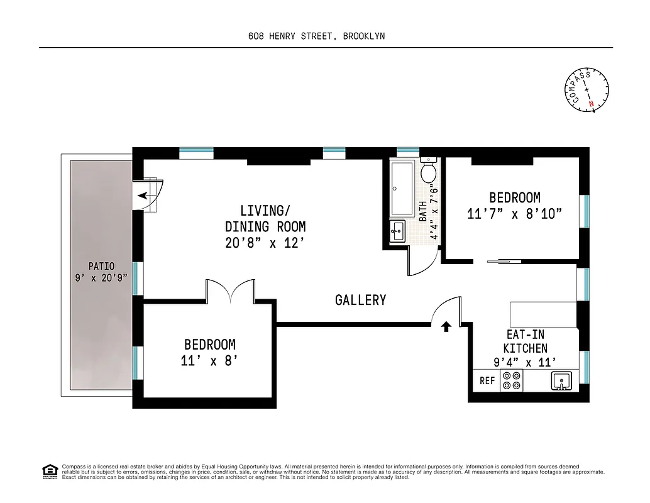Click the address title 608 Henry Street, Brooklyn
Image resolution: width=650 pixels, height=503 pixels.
point(317,36)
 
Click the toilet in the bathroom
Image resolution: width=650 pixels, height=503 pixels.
point(429,170)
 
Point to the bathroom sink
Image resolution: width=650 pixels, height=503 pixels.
point(397,231)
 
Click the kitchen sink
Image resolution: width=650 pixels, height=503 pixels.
point(561,380)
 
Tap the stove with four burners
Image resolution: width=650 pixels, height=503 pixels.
point(511,381)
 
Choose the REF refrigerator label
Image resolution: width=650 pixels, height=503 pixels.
point(487,381)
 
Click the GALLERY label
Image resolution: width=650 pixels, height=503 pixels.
point(360,300)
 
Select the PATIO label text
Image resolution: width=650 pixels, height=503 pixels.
point(101,267)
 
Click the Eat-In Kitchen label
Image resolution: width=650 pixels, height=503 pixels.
point(525,341)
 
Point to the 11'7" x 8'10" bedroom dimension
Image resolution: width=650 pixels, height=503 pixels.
point(514,214)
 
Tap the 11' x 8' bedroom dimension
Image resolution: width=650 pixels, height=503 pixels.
point(209,361)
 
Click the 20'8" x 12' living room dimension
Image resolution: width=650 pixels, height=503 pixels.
point(265,243)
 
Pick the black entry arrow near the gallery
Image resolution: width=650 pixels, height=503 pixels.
point(446,326)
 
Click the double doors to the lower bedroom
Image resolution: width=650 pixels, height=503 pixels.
point(231,292)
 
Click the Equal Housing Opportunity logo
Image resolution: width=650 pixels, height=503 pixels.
point(48,470)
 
